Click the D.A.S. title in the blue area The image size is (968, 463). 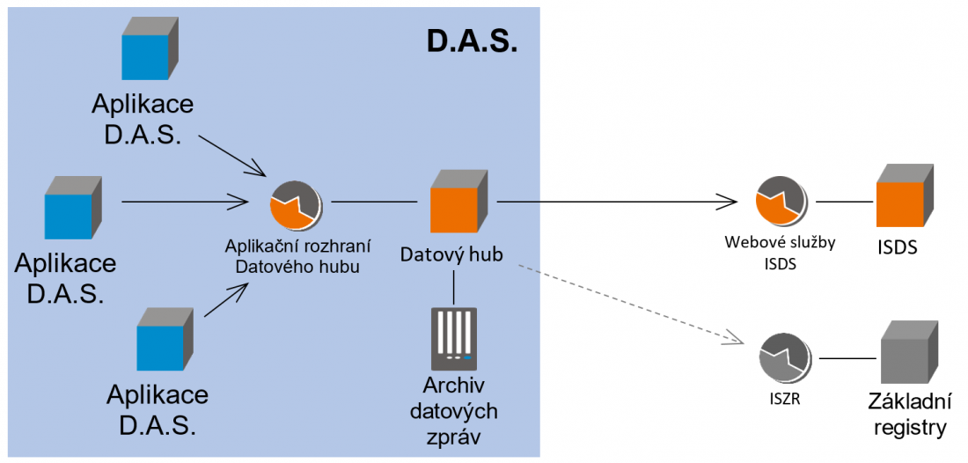click(x=472, y=40)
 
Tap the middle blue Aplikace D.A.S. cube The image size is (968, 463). click(x=71, y=208)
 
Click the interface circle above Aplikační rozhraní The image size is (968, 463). click(x=295, y=203)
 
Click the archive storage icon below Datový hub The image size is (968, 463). click(x=453, y=338)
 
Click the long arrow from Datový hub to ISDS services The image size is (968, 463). click(x=616, y=202)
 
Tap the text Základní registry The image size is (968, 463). click(x=911, y=416)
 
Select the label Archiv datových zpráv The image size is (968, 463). click(x=460, y=411)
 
